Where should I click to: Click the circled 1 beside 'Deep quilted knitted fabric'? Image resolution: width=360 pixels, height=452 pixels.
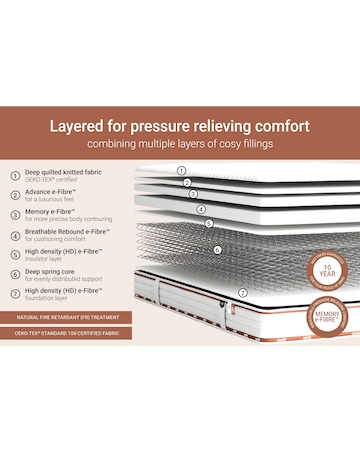[15, 175]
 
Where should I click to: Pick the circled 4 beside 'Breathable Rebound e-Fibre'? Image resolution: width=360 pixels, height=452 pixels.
[15, 238]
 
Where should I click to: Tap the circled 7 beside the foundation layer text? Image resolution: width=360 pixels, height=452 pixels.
[15, 294]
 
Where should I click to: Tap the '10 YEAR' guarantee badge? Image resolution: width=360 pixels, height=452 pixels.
[330, 269]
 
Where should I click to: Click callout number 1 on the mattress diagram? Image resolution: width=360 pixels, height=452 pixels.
[182, 170]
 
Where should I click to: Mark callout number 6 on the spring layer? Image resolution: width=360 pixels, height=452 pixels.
[217, 249]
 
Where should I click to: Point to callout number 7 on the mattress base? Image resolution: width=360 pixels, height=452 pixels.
[242, 293]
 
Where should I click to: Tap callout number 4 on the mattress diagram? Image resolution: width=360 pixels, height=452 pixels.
[201, 210]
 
